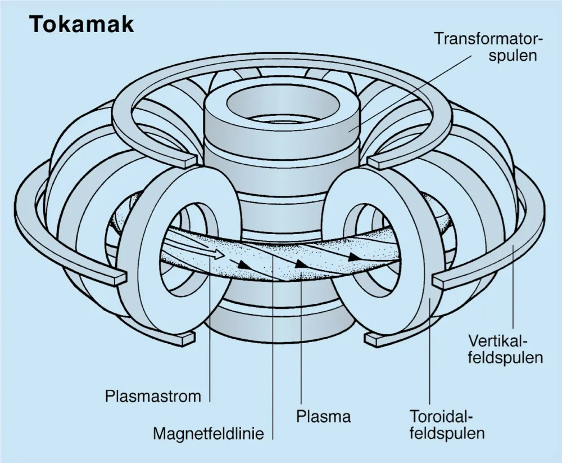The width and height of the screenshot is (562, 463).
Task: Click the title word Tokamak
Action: [x=81, y=24]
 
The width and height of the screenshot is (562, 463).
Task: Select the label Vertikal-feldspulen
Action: [x=505, y=349]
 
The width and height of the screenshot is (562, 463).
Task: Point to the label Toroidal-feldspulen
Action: [x=447, y=425]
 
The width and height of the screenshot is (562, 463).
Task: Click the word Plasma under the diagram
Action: [x=323, y=417]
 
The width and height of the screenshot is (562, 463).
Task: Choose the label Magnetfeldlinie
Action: [x=209, y=434]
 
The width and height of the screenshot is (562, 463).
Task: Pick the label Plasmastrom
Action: [x=153, y=396]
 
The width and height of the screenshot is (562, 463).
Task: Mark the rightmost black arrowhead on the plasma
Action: [x=353, y=257]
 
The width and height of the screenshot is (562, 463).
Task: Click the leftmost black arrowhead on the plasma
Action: [x=243, y=263]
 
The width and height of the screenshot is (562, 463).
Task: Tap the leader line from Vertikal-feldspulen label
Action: [x=514, y=293]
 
